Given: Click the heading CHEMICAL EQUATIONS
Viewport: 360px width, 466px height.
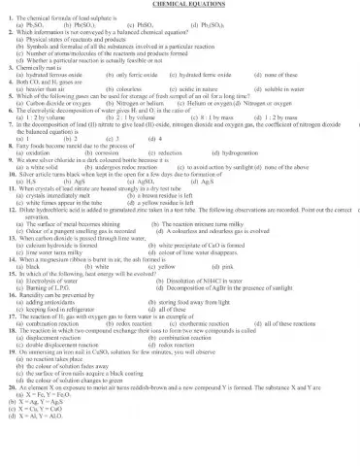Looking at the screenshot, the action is coord(180,6).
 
